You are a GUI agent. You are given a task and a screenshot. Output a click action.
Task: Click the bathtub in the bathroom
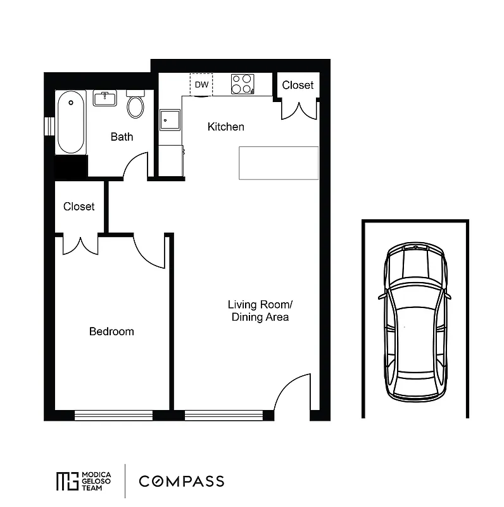70,122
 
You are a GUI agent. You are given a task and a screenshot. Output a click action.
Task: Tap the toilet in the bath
135,105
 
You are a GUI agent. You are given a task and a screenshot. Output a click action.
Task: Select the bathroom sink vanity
104,98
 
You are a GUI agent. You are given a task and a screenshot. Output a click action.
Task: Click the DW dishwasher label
201,84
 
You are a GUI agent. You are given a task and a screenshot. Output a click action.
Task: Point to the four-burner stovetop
242,84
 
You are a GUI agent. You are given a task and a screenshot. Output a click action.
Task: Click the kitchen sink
169,119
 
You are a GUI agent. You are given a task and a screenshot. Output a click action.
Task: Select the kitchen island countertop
279,163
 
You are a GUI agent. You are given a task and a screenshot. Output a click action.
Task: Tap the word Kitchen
225,127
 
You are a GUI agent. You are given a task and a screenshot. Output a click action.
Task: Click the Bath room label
122,136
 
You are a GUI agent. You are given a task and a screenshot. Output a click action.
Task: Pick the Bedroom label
111,331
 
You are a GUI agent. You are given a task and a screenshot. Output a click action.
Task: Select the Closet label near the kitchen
298,85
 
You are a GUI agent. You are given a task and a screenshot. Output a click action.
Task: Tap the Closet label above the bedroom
79,207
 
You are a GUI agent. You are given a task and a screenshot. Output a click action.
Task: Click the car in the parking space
415,322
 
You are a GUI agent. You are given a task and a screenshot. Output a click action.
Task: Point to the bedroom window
114,415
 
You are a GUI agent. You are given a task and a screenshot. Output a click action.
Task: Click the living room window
224,415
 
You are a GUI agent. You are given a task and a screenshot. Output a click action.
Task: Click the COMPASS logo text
182,481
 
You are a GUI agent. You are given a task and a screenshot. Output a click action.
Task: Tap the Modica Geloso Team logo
84,481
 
